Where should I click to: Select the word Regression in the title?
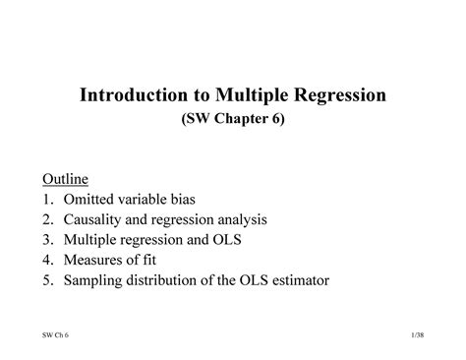point(338,96)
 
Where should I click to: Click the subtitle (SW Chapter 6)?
point(233,123)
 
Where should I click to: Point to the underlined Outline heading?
point(65,179)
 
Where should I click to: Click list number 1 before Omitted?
point(46,200)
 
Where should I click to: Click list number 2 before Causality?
point(46,220)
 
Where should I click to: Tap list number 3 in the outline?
point(46,240)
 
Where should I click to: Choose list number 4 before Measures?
point(46,261)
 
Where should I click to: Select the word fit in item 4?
point(155,261)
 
